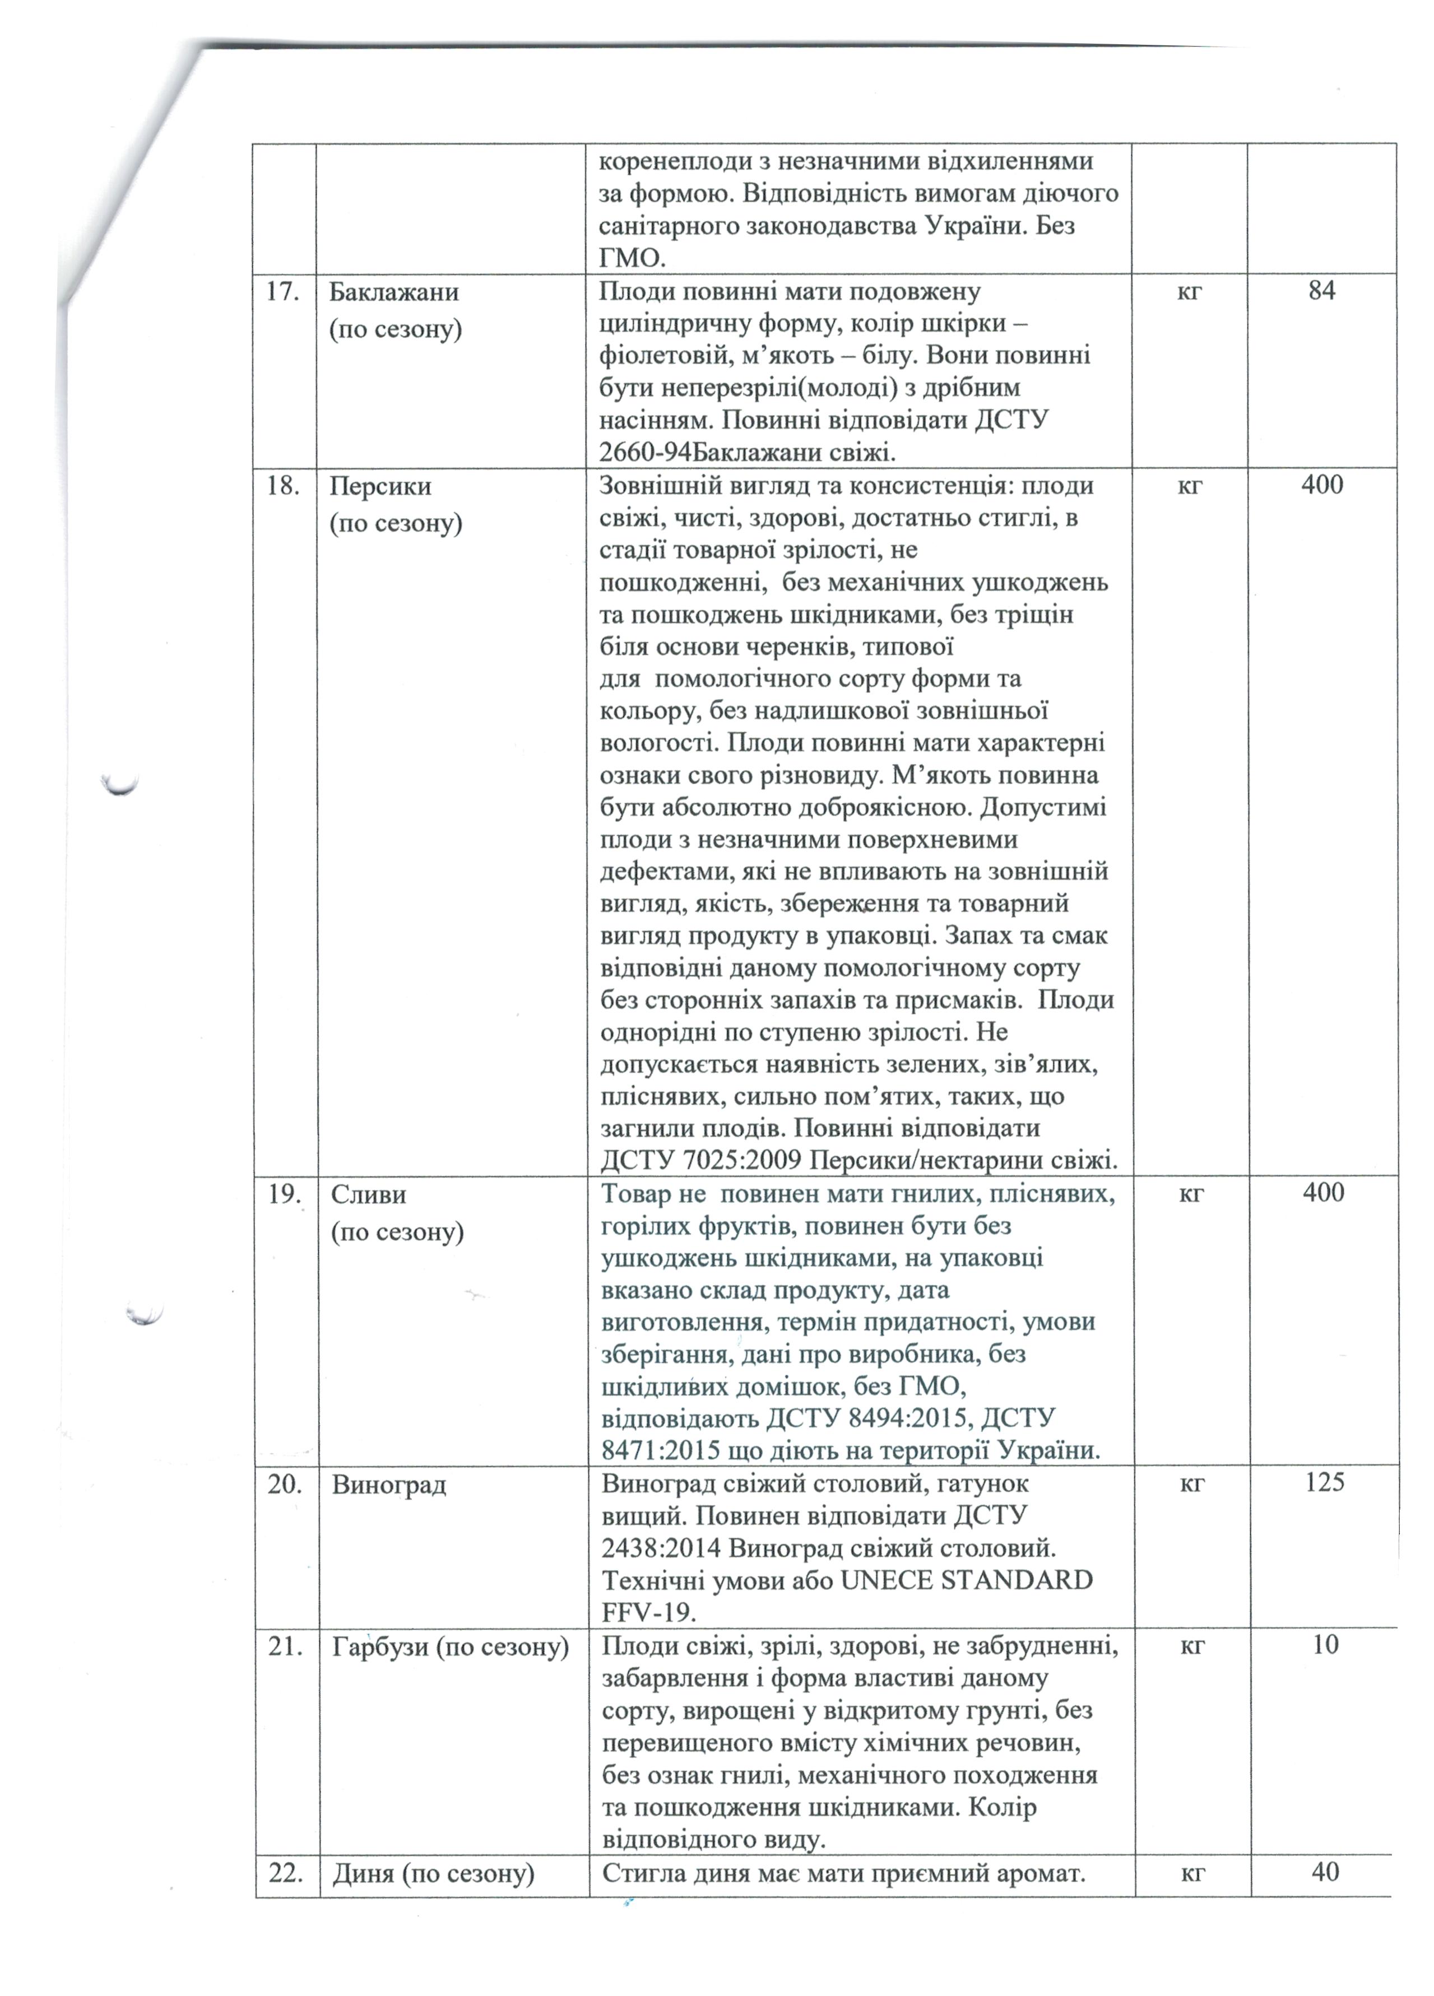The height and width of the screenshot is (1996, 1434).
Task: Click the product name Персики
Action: (x=380, y=486)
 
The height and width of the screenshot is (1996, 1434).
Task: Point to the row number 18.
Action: (x=282, y=486)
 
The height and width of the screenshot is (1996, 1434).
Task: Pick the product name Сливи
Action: (x=368, y=1194)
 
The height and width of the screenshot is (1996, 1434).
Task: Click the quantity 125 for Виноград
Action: (x=1324, y=1482)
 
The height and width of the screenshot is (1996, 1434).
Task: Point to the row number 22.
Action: (x=284, y=1873)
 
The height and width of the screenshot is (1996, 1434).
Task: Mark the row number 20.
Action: (x=284, y=1485)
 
